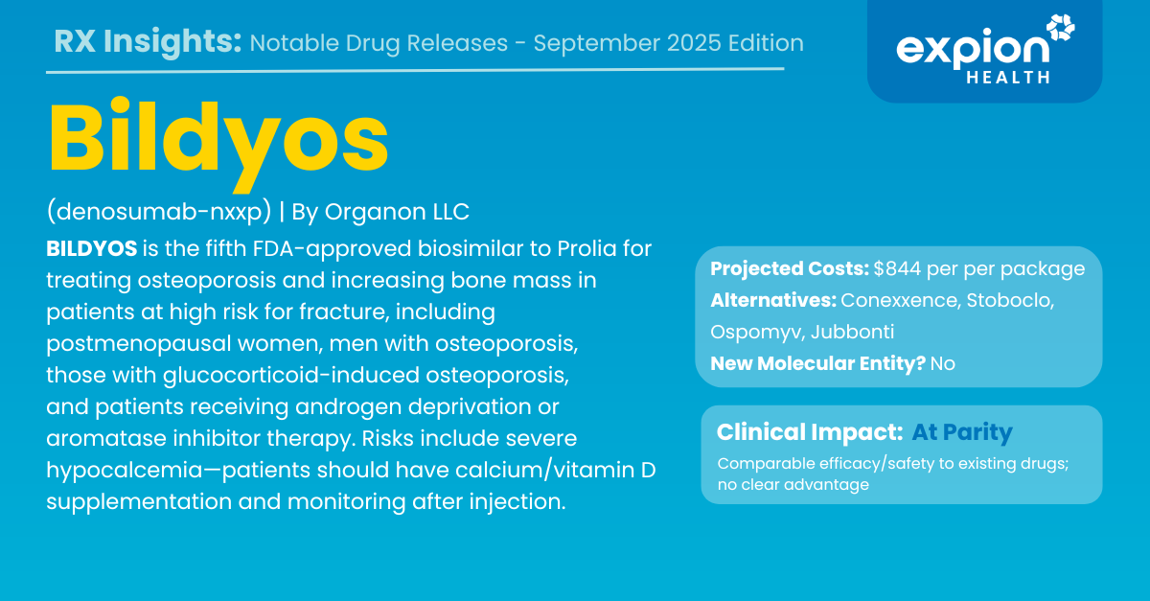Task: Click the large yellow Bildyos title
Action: pyautogui.click(x=218, y=144)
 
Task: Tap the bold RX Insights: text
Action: pyautogui.click(x=148, y=41)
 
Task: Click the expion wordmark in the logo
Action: pyautogui.click(x=973, y=51)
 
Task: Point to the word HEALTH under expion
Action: pyautogui.click(x=1008, y=78)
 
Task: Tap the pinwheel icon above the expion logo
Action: pyautogui.click(x=1061, y=27)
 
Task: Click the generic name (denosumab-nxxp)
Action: pyautogui.click(x=159, y=212)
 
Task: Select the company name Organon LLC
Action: pyautogui.click(x=397, y=212)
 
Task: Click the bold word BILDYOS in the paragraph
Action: pyautogui.click(x=91, y=248)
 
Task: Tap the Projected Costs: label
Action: pyautogui.click(x=789, y=268)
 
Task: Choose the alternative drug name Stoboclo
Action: pyautogui.click(x=1010, y=301)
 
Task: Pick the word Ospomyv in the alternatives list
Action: pyautogui.click(x=757, y=333)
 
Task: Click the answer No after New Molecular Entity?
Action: pyautogui.click(x=943, y=363)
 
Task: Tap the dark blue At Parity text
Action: pyautogui.click(x=962, y=432)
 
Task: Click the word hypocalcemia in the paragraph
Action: pyautogui.click(x=125, y=471)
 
